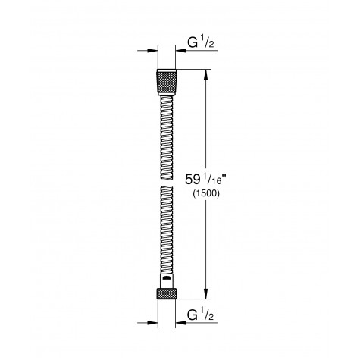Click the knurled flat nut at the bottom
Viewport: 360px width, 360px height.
pyautogui.click(x=165, y=295)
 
